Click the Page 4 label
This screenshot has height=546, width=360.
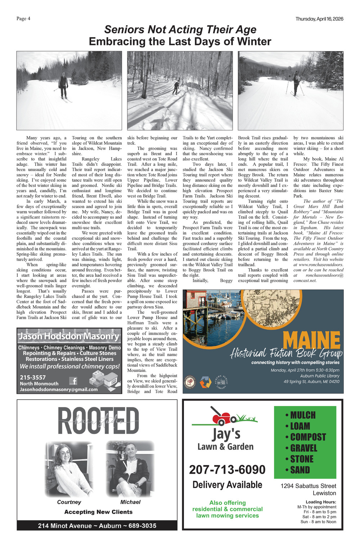click(x=23, y=19)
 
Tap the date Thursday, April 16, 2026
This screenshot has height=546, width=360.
click(x=319, y=19)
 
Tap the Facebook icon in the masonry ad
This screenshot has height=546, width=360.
click(x=73, y=381)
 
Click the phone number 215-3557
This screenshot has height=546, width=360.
click(x=33, y=377)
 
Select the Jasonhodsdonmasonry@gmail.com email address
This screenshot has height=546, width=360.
click(x=59, y=389)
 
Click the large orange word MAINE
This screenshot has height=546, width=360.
click(x=311, y=340)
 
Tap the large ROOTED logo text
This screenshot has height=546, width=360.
click(x=98, y=421)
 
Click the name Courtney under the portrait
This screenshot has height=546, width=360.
click(x=69, y=502)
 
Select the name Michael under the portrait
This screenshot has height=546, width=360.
click(x=130, y=502)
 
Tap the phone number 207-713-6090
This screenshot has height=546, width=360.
click(x=227, y=470)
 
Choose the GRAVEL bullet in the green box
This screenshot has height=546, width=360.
click(x=303, y=448)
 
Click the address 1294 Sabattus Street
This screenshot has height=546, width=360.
click(x=308, y=486)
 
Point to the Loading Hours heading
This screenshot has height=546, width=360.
click(x=321, y=502)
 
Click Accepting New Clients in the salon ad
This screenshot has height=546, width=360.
click(x=98, y=512)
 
